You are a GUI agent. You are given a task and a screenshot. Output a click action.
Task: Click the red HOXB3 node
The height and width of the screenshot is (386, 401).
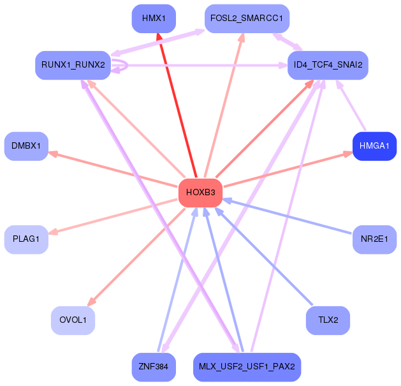pyautogui.click(x=200, y=193)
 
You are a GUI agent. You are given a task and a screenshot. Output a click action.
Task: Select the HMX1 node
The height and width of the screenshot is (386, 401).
pyautogui.click(x=154, y=19)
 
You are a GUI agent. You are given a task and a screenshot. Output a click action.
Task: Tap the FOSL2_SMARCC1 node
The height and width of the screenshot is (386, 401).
pyautogui.click(x=247, y=19)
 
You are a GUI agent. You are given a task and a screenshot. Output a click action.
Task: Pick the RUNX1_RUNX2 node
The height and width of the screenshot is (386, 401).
pyautogui.click(x=73, y=65)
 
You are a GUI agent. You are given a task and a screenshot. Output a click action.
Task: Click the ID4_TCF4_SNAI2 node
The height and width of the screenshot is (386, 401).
pyautogui.click(x=328, y=65)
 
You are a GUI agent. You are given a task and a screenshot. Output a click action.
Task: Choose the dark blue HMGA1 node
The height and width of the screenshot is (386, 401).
pyautogui.click(x=375, y=146)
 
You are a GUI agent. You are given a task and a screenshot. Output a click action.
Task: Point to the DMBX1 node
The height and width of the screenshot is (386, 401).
pyautogui.click(x=26, y=146)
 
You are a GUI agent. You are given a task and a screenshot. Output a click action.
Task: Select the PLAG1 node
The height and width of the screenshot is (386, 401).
pyautogui.click(x=26, y=240)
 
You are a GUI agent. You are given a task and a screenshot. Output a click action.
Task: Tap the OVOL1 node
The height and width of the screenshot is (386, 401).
pyautogui.click(x=73, y=320)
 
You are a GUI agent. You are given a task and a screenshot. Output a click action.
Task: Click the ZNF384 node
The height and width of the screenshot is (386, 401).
pyautogui.click(x=154, y=367)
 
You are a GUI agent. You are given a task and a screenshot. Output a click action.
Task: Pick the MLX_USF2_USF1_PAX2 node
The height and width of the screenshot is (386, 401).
pyautogui.click(x=247, y=367)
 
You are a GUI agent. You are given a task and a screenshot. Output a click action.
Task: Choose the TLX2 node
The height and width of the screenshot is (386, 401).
pyautogui.click(x=328, y=320)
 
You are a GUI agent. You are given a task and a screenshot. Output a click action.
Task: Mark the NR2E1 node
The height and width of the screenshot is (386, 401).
pyautogui.click(x=375, y=240)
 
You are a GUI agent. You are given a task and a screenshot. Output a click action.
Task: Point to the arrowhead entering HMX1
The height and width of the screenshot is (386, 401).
pyautogui.click(x=159, y=37)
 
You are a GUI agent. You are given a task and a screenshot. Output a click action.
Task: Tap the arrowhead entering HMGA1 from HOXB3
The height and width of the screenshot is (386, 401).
pyautogui.click(x=347, y=154)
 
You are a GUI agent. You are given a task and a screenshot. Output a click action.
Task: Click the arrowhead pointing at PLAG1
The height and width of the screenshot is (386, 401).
pyautogui.click(x=53, y=232)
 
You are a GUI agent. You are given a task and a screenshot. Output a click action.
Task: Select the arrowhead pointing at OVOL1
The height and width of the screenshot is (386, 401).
pyautogui.click(x=92, y=302)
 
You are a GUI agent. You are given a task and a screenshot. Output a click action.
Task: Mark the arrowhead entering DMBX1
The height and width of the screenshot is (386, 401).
pyautogui.click(x=53, y=154)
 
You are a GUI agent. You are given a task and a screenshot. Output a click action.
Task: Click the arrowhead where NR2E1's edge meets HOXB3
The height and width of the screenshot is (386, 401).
pyautogui.click(x=228, y=200)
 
